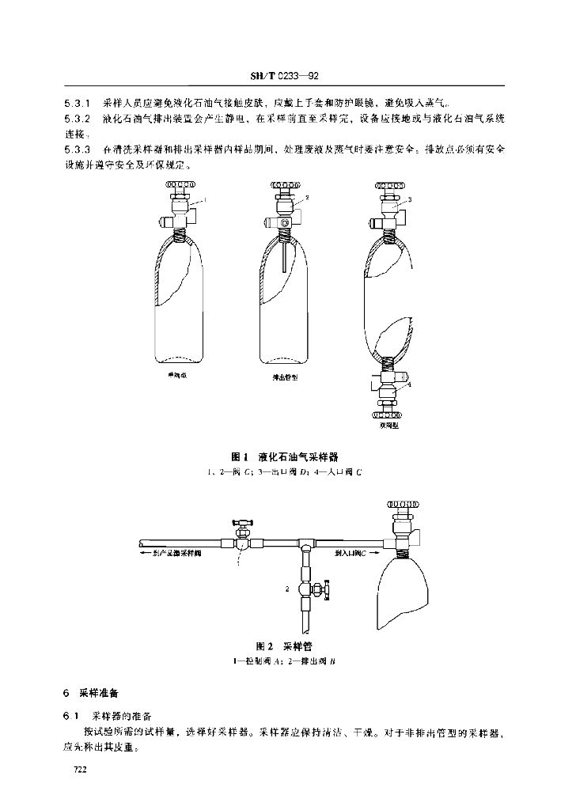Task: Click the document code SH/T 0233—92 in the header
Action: (x=283, y=77)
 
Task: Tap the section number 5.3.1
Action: (x=78, y=104)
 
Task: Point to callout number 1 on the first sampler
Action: (x=205, y=201)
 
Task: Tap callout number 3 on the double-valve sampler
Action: (x=410, y=201)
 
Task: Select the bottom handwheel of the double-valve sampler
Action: (x=387, y=412)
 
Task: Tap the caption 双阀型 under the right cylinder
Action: (x=388, y=425)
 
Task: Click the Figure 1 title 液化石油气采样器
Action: (x=303, y=457)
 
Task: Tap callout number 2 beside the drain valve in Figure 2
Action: (x=287, y=589)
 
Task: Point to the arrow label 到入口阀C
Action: (x=351, y=555)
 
